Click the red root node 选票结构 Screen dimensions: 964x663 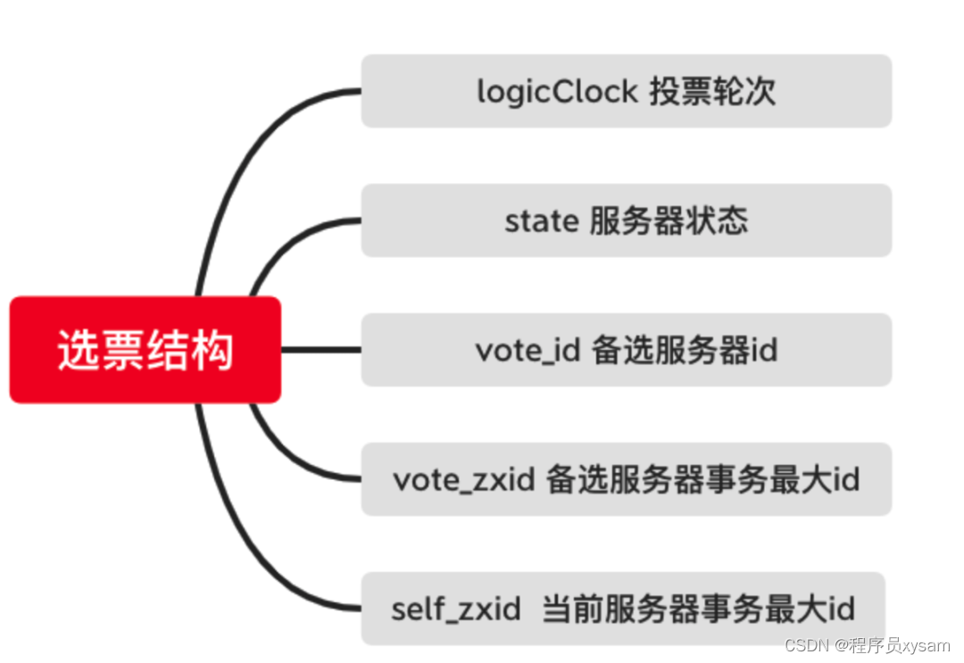tap(145, 350)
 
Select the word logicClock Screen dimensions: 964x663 tap(558, 92)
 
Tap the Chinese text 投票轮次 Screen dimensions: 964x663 tap(712, 92)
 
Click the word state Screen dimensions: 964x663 tap(542, 221)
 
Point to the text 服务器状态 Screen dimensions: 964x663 tap(669, 220)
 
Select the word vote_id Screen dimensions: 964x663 tap(528, 351)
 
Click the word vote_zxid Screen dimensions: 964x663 tap(464, 480)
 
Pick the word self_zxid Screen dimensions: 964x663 tap(456, 609)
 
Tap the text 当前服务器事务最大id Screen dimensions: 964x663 tap(698, 609)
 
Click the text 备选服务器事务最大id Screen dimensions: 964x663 tap(702, 479)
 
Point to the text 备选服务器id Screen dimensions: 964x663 tap(685, 350)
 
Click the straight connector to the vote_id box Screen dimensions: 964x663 tap(321, 350)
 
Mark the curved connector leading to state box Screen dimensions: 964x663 tap(289, 241)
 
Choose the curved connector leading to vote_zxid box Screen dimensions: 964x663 tap(289, 459)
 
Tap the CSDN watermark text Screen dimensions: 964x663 tap(807, 645)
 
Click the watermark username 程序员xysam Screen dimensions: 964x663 tap(900, 645)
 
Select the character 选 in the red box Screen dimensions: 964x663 tap(79, 350)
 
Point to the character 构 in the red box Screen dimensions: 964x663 tap(212, 350)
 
